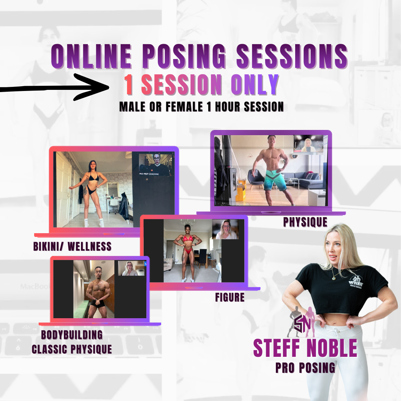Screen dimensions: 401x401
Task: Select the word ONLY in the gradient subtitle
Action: pyautogui.click(x=255, y=85)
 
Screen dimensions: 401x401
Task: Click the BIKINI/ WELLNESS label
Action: pyautogui.click(x=72, y=246)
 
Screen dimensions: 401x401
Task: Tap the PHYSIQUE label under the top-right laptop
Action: pyautogui.click(x=305, y=222)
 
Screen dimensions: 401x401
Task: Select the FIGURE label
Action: pyautogui.click(x=230, y=297)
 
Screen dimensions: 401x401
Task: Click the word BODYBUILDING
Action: pyautogui.click(x=72, y=335)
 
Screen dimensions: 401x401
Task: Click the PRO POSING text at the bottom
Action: pyautogui.click(x=305, y=367)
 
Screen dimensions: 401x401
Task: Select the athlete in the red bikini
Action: pyautogui.click(x=188, y=252)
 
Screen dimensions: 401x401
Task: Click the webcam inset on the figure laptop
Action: pyautogui.click(x=225, y=229)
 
